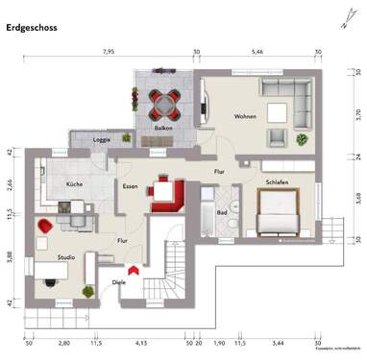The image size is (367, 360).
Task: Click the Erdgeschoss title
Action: click(x=32, y=28)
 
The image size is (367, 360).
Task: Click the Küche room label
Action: click(x=74, y=182)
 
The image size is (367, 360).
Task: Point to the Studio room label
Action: click(x=65, y=257)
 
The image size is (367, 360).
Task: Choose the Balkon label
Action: click(x=162, y=128)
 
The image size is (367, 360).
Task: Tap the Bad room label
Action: click(x=221, y=212)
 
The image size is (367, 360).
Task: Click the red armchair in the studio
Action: click(x=43, y=227)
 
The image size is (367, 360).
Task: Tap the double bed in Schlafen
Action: click(x=280, y=212)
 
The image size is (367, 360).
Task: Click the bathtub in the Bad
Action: click(x=209, y=213)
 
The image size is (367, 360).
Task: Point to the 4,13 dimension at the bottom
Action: click(x=140, y=342)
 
